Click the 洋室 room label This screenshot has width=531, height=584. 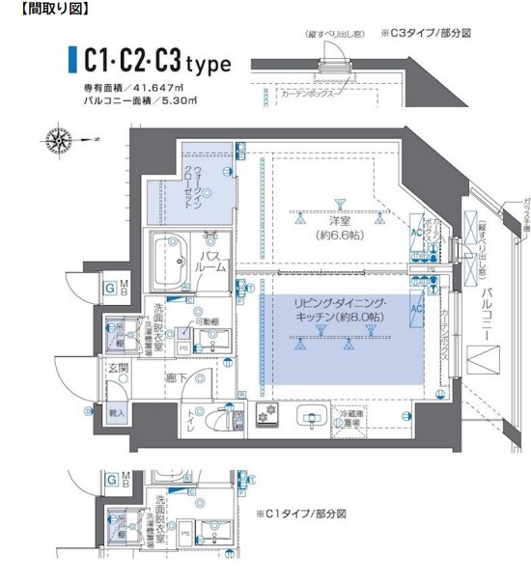(x=338, y=221)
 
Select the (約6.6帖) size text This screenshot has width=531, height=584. (x=338, y=235)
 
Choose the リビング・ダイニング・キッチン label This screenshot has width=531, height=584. (x=339, y=309)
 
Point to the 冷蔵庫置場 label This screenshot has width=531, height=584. (x=349, y=418)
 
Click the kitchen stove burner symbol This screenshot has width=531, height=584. (x=265, y=417)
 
